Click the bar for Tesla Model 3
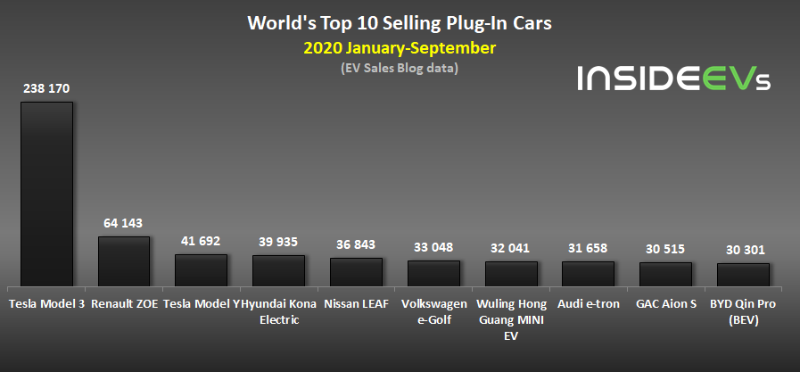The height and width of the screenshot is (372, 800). (x=46, y=194)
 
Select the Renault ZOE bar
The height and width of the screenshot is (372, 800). (x=124, y=260)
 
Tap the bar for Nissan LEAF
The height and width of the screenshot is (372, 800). (x=356, y=272)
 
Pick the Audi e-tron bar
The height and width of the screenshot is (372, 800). (x=588, y=274)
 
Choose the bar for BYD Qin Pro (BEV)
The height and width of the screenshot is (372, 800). (x=743, y=275)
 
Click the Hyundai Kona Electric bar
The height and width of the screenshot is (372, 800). (x=278, y=270)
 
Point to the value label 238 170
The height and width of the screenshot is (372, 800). (x=46, y=88)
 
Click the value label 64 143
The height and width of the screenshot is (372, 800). (x=123, y=223)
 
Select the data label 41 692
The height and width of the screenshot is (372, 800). (x=201, y=241)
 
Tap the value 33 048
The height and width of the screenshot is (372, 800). (x=433, y=247)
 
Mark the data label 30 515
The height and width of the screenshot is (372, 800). (x=665, y=250)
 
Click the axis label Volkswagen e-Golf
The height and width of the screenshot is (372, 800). (x=433, y=311)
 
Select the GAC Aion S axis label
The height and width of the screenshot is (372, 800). (x=665, y=303)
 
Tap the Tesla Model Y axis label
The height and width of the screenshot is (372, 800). (x=202, y=303)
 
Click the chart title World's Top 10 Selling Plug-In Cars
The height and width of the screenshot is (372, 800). (x=399, y=22)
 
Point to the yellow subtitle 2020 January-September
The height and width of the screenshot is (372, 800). (x=399, y=47)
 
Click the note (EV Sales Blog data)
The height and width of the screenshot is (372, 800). (x=399, y=68)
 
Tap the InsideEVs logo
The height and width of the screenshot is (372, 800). (x=674, y=79)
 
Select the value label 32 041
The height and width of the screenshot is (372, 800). (x=511, y=248)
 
